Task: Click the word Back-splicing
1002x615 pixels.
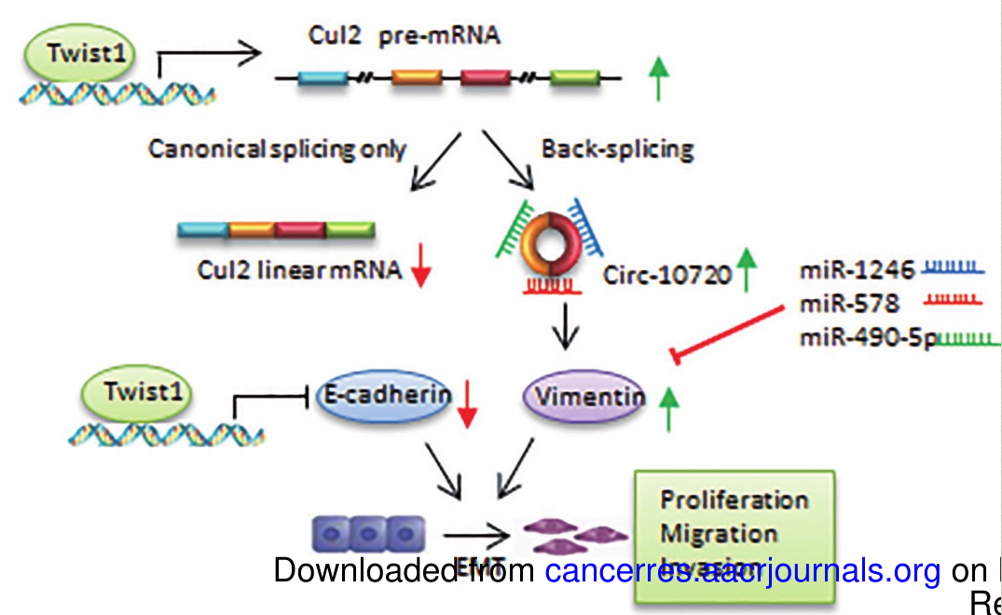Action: point(617,149)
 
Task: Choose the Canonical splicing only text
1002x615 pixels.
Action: point(277,149)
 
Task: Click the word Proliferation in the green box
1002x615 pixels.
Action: point(734,499)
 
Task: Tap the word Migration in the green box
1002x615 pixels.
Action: point(718,534)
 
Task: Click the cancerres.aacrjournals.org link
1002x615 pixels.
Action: point(743,570)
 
